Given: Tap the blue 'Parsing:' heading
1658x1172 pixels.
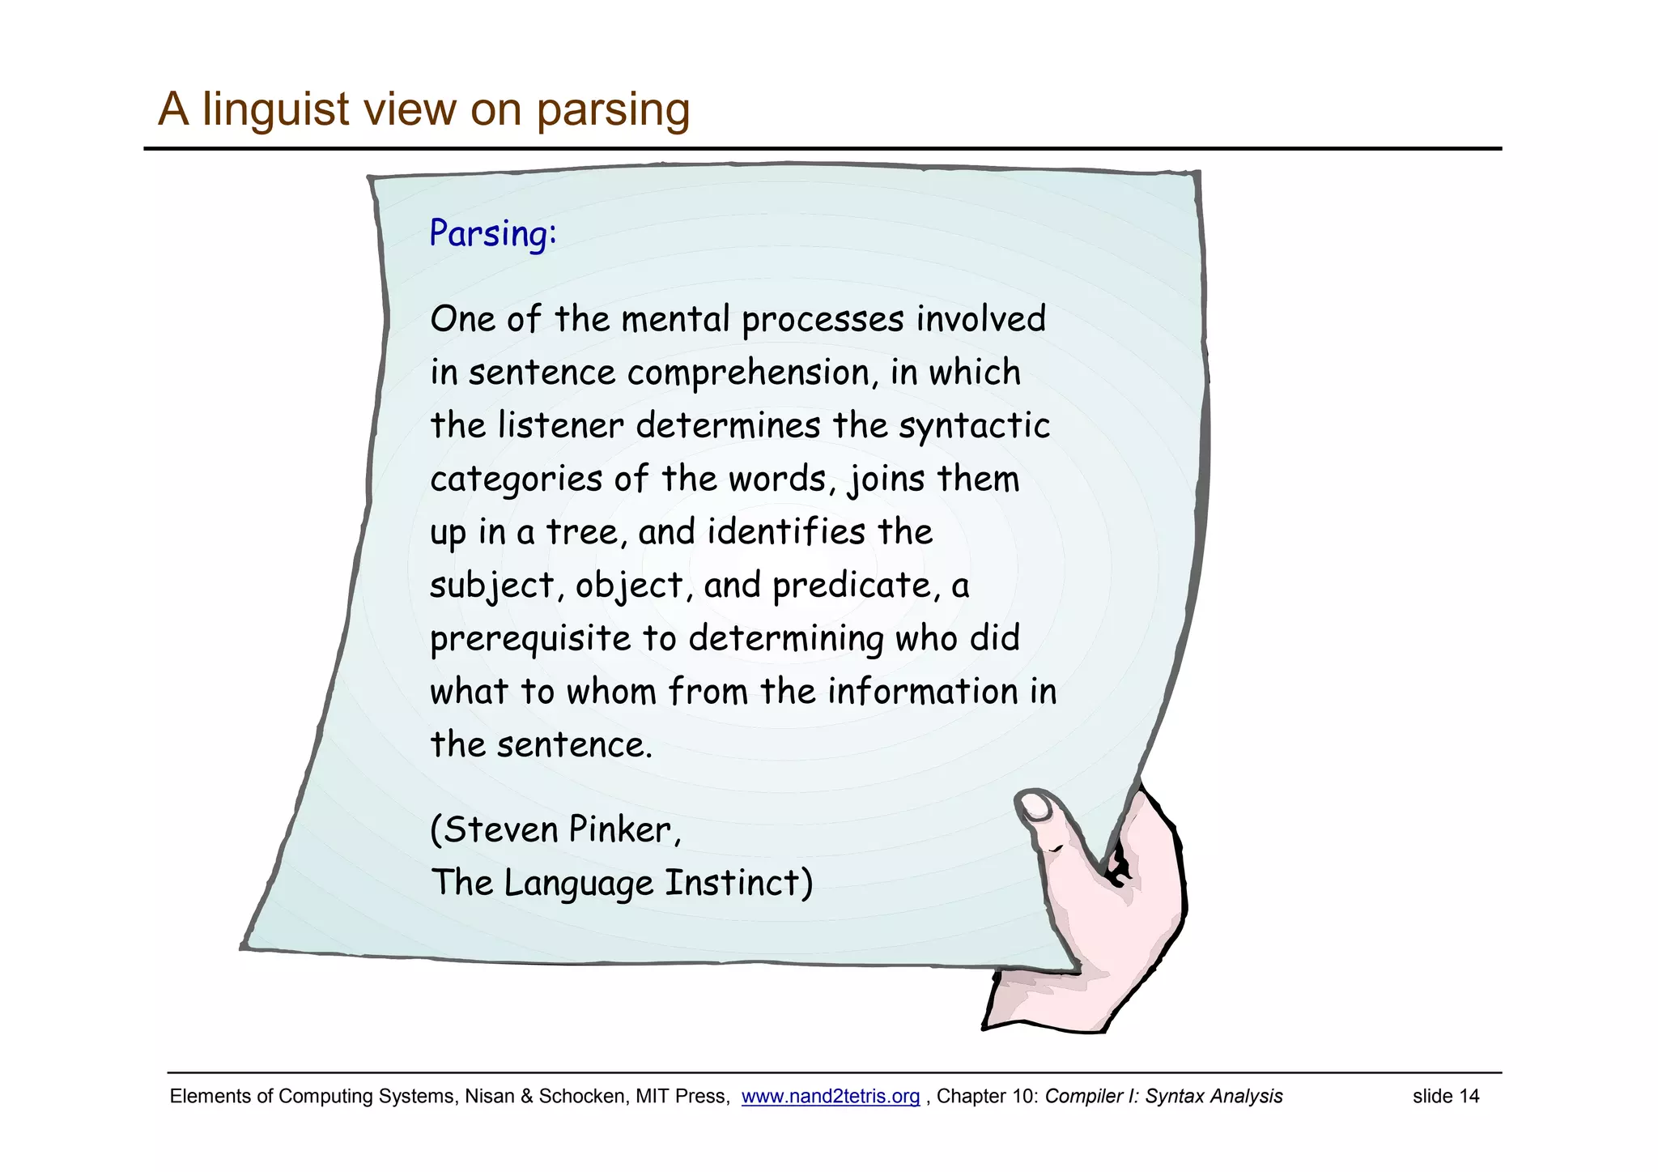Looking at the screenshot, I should [x=492, y=233].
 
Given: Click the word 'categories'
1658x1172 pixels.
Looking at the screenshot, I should [x=516, y=479].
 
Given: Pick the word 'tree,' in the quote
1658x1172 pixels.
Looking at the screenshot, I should [x=587, y=532].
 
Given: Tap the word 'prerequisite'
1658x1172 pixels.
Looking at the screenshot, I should [x=529, y=639].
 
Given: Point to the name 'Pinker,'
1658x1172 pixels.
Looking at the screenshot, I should [x=625, y=829].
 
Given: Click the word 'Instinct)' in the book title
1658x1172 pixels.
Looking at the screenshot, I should [x=738, y=883].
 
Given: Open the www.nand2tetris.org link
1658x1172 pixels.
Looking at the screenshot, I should [x=830, y=1097].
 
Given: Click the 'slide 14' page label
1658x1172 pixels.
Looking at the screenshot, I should [x=1445, y=1097].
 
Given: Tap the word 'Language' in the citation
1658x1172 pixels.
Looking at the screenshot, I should [x=578, y=883].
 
